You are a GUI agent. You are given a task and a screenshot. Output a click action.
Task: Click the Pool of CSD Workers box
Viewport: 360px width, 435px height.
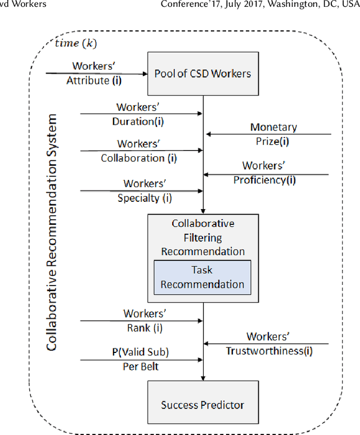coord(202,74)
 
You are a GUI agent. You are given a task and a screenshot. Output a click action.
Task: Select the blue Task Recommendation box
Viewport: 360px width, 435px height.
coord(202,277)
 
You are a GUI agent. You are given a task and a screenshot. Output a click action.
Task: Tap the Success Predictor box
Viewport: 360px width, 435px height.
coord(202,404)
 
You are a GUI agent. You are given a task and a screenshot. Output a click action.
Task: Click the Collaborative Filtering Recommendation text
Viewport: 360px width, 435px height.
coord(202,237)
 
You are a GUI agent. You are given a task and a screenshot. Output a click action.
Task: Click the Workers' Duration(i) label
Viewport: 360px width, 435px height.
coord(141,113)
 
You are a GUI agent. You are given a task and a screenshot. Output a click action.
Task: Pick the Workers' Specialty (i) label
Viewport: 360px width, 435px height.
coord(145,191)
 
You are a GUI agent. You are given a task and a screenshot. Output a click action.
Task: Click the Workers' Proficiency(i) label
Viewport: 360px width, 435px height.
coord(265,173)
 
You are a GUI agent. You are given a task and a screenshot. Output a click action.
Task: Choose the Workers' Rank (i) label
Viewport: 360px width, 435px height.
coord(145,321)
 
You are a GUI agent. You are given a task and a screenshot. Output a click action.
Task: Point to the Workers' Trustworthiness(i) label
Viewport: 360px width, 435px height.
coord(268,344)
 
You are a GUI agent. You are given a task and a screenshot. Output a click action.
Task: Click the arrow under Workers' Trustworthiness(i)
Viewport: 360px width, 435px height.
coord(267,343)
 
